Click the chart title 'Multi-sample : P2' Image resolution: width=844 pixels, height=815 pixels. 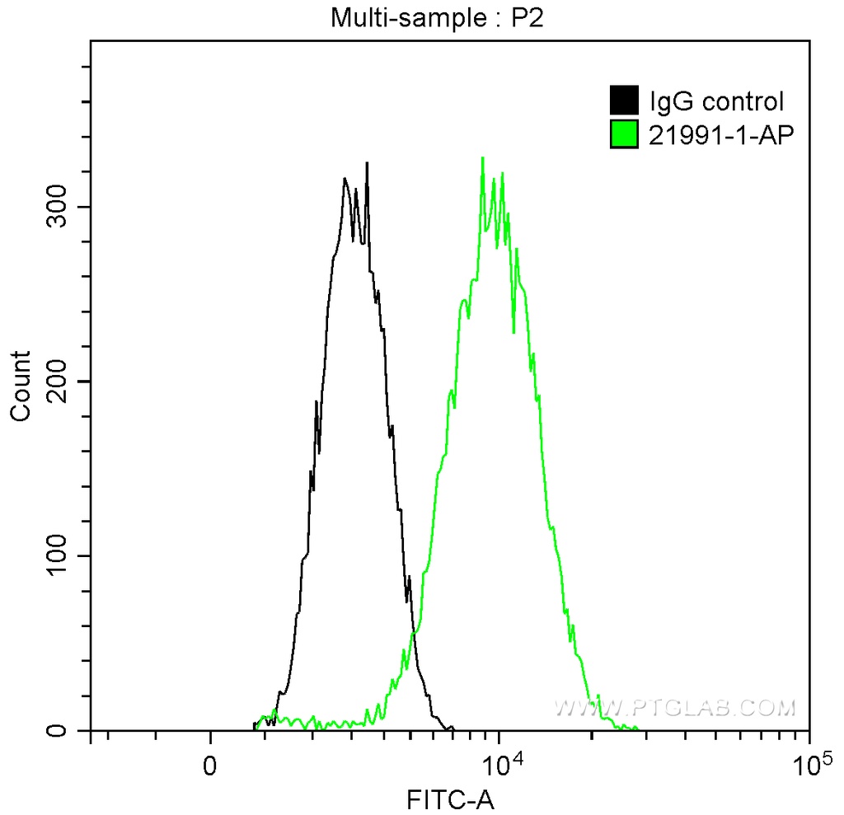coord(438,17)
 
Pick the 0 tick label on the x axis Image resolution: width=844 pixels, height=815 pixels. coord(211,763)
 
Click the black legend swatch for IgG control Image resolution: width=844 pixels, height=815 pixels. coord(624,101)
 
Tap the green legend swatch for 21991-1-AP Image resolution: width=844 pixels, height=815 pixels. coord(624,134)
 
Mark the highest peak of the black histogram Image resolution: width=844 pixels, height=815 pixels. coord(367,163)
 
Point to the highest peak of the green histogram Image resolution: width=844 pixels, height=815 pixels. coord(482,157)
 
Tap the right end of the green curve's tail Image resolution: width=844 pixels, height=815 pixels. coord(636,728)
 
